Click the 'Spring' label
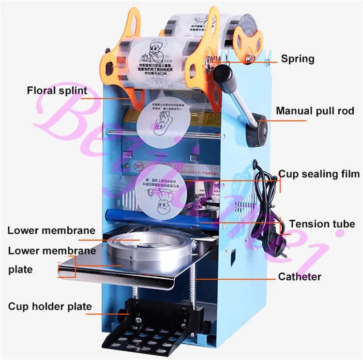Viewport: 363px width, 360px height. coord(298,59)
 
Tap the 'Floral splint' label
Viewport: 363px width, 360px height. coord(57,90)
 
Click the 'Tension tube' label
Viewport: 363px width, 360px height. coord(322,224)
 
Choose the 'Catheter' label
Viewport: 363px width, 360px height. coord(300,277)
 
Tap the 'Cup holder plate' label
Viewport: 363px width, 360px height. coord(49,306)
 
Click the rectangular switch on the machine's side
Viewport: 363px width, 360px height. coord(231,254)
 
